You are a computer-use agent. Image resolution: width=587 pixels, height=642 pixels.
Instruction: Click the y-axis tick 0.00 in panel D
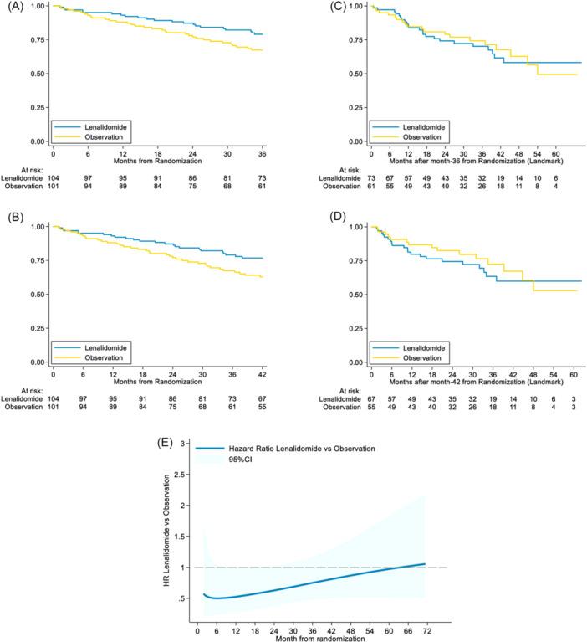355,362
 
